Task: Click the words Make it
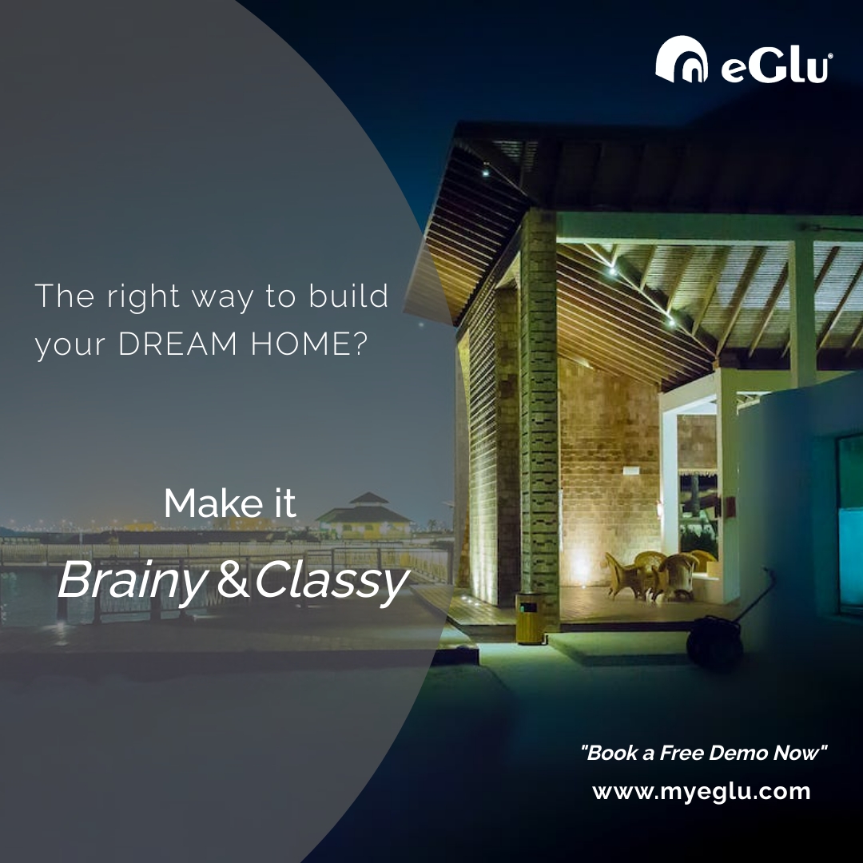point(230,503)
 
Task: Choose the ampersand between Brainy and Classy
point(233,582)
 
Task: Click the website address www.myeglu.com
point(701,792)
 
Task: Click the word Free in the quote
point(682,752)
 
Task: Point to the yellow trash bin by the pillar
point(527,617)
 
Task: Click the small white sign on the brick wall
point(631,471)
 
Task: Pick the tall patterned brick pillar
point(539,416)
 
